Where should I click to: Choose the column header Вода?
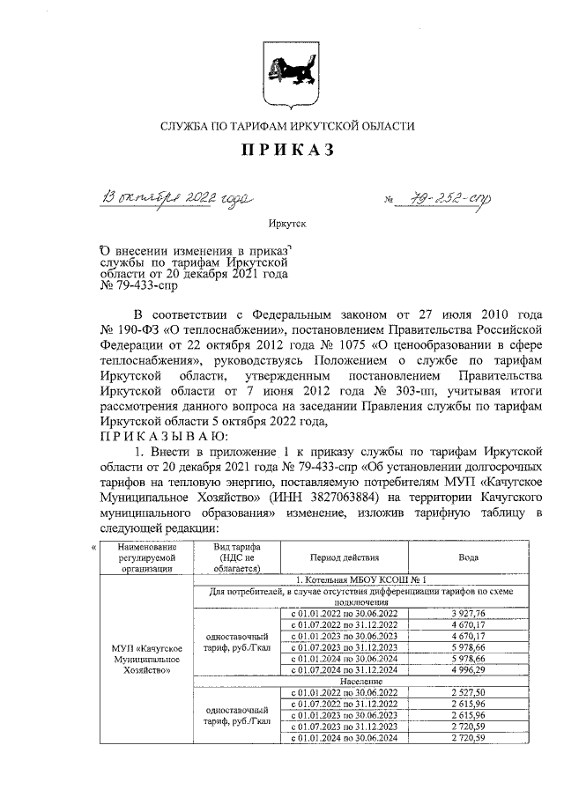click(469, 557)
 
